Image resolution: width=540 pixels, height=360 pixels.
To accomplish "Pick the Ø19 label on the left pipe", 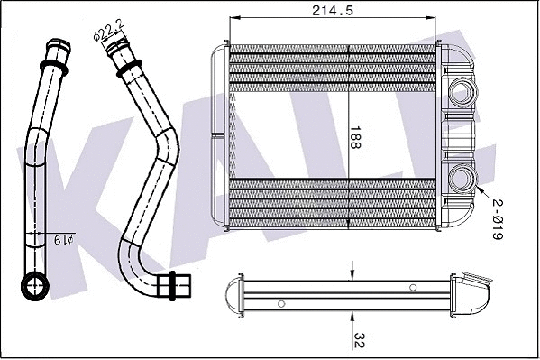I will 63,239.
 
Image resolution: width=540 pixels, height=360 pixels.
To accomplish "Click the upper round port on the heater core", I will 464,91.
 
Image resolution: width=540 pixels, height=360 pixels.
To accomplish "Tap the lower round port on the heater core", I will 464,178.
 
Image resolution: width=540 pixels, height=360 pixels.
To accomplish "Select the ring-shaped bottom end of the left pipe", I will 36,288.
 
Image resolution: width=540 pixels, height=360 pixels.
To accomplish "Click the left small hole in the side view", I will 282,302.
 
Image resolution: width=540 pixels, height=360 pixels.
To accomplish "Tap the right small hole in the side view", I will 413,287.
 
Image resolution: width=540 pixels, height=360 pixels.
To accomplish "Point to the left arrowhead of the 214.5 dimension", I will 234,18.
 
